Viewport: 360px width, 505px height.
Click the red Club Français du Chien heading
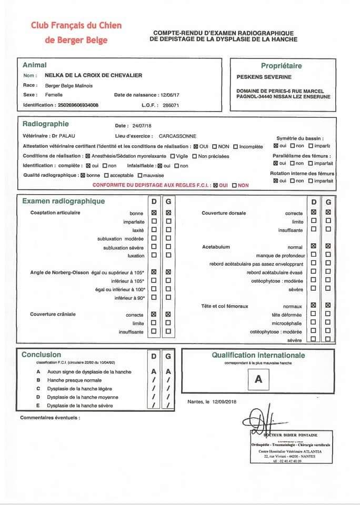(76, 25)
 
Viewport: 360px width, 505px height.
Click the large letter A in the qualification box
(258, 379)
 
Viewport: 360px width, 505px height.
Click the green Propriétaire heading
(281, 66)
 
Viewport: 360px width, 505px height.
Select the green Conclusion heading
(41, 355)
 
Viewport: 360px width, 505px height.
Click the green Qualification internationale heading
(258, 355)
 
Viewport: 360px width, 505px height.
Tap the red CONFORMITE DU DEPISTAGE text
(151, 185)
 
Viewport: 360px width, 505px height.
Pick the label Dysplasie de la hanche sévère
(79, 406)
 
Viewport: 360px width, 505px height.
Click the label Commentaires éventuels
(50, 418)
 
